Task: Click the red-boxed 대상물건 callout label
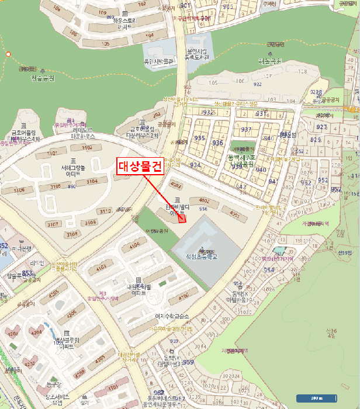click(140, 167)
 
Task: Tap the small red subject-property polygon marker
click(182, 219)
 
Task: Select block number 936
click(218, 143)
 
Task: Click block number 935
click(200, 138)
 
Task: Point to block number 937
click(246, 129)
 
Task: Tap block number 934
click(195, 165)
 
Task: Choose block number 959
click(188, 362)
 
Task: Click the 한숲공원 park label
click(41, 78)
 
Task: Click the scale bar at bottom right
click(316, 398)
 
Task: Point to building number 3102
click(86, 147)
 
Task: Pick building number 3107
click(53, 224)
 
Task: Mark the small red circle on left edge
click(8, 54)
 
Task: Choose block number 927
click(321, 127)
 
